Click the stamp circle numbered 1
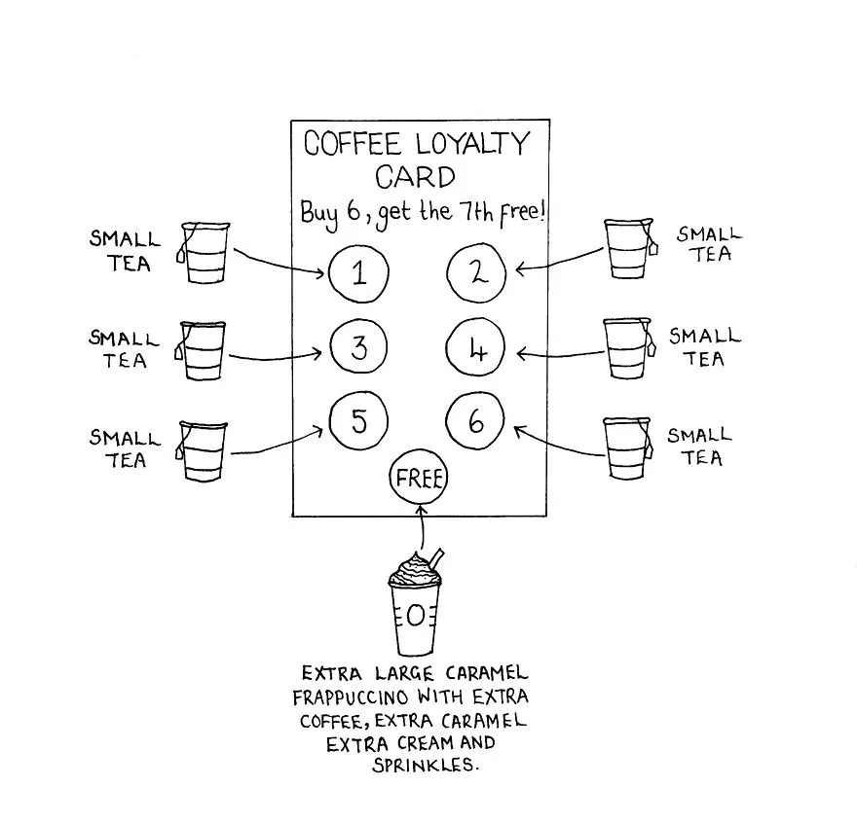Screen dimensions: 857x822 point(329,273)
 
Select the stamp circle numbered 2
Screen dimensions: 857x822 point(447,273)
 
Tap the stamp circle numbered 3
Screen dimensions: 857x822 point(331,347)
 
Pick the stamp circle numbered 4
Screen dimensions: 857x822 point(447,347)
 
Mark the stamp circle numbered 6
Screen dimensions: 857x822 point(447,421)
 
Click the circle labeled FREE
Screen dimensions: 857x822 point(391,479)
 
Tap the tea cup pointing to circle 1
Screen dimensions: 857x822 point(204,252)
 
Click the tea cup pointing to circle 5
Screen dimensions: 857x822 point(202,451)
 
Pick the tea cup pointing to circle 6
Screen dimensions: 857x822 point(628,448)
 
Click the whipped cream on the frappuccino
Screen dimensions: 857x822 point(414,570)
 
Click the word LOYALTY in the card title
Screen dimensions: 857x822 point(472,143)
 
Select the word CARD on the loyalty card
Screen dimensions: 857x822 point(415,177)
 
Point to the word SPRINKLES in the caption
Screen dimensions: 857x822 point(426,765)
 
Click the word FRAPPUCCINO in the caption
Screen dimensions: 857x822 point(351,697)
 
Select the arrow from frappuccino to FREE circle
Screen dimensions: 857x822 point(422,527)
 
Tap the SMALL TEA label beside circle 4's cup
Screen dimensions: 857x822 point(704,347)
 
